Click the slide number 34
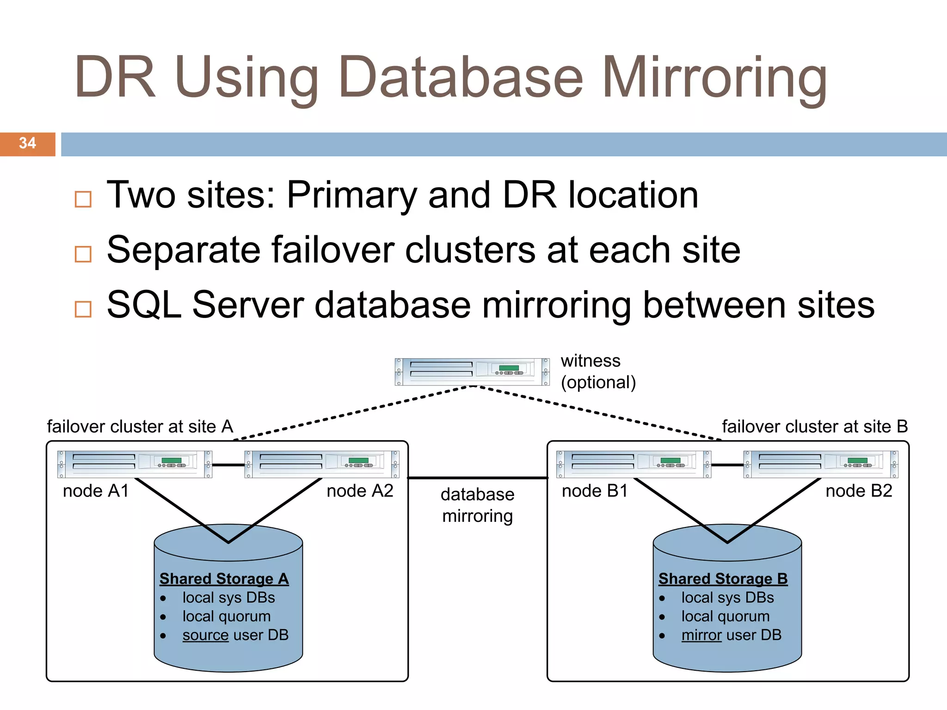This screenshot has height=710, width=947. click(x=27, y=143)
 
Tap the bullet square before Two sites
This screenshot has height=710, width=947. click(x=83, y=199)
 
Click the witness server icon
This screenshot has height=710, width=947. click(x=472, y=371)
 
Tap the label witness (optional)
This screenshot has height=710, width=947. click(x=598, y=372)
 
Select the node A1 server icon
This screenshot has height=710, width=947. click(x=135, y=464)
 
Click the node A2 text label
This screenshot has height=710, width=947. click(x=360, y=491)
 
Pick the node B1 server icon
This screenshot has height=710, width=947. click(x=633, y=464)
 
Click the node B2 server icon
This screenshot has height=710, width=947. click(x=821, y=464)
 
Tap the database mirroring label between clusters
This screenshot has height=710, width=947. click(x=477, y=505)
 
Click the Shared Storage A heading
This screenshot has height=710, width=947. click(x=224, y=579)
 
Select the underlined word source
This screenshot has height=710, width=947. click(x=205, y=635)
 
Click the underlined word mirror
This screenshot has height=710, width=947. click(x=701, y=635)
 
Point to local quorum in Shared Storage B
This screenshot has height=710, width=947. click(x=725, y=616)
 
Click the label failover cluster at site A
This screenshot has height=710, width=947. click(x=140, y=426)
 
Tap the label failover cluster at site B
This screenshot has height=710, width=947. click(x=815, y=426)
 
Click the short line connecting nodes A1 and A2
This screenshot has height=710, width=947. click(x=228, y=465)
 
